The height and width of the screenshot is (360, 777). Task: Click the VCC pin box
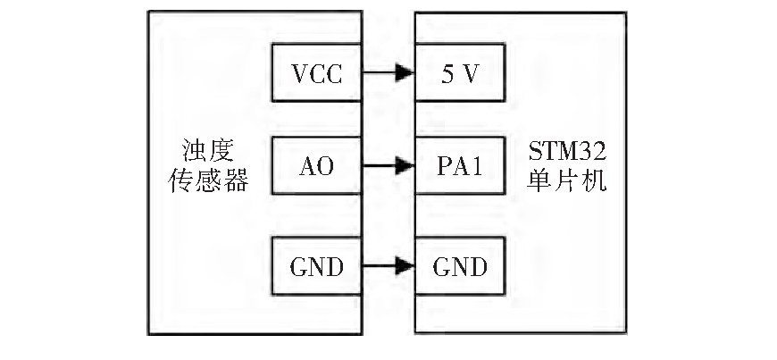(316, 74)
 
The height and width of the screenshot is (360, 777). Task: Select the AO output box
(316, 166)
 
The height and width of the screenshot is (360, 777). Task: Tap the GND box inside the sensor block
(316, 265)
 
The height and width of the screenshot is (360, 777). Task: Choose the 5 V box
(461, 74)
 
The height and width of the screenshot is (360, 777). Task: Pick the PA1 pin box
(461, 166)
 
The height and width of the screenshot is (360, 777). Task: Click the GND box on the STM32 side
(461, 265)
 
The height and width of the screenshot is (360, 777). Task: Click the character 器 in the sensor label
(233, 183)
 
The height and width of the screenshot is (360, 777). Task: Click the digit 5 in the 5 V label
(449, 74)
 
